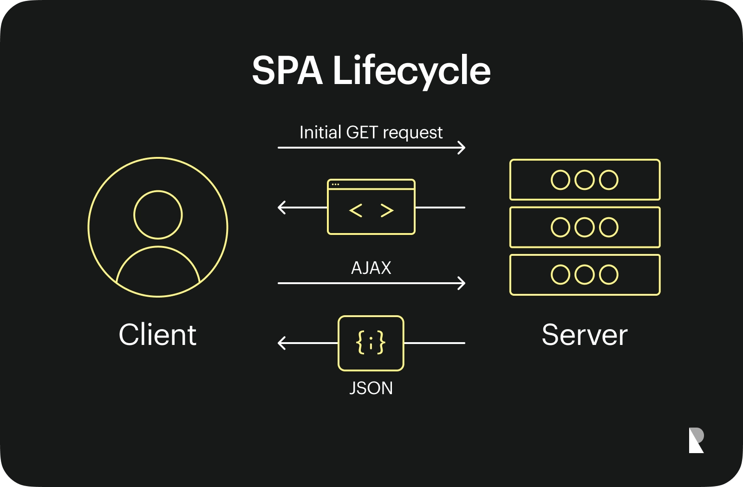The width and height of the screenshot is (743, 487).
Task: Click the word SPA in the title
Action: point(287,71)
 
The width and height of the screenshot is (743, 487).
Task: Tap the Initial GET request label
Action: point(371,133)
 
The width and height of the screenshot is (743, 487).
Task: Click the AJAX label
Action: point(371,268)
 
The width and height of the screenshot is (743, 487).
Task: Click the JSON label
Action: point(371,388)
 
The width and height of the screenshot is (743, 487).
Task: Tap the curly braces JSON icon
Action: point(371,343)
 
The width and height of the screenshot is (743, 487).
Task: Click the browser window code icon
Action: point(371,207)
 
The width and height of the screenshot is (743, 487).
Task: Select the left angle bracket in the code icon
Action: point(356,211)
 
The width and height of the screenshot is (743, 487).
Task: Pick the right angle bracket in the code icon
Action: point(387,211)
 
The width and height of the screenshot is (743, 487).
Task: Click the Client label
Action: point(157,335)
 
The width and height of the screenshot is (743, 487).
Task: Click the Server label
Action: point(585,335)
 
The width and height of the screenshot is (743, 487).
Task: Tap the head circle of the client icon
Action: point(158,214)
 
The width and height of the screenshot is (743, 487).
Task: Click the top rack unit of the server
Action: point(585,180)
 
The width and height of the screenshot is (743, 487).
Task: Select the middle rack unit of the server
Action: point(585,227)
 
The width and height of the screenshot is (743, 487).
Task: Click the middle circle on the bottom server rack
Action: point(585,274)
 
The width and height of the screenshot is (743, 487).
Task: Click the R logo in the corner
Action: point(696,440)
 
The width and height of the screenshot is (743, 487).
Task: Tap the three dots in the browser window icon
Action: point(335,184)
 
